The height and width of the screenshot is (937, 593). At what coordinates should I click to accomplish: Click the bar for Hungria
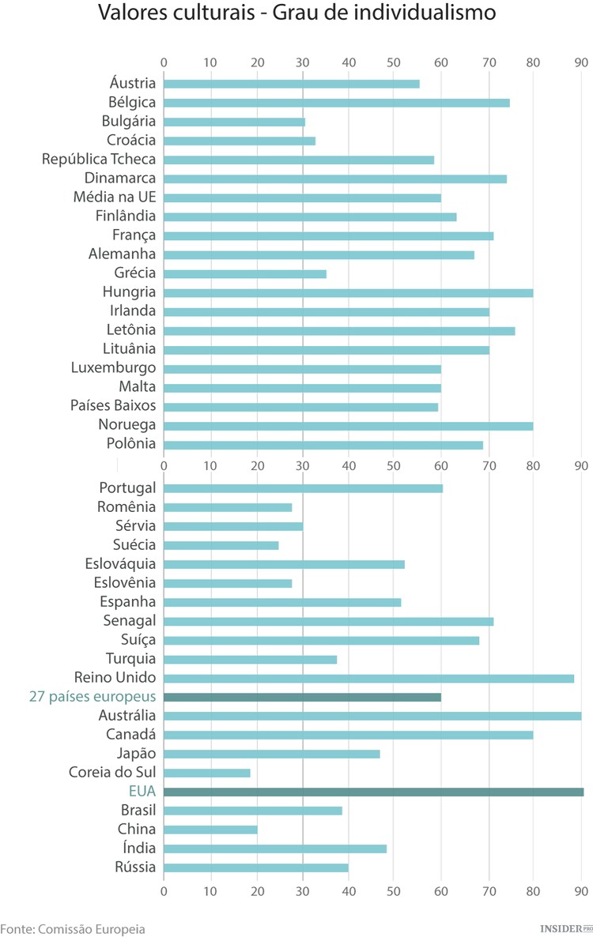point(348,292)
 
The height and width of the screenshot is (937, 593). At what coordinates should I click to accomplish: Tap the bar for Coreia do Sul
point(207,773)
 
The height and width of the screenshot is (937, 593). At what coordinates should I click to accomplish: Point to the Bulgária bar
point(234,122)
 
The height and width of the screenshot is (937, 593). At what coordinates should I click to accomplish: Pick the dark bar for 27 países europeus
point(302,697)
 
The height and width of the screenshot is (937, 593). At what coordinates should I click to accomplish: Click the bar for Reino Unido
point(368,678)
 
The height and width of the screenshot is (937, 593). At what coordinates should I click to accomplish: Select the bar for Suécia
point(221,545)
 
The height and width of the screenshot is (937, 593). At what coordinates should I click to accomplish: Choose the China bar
point(210,830)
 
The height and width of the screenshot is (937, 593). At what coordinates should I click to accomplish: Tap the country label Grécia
point(135,273)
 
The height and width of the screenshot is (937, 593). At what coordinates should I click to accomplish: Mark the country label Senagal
point(130,621)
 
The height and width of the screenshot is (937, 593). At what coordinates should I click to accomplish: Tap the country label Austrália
point(127,716)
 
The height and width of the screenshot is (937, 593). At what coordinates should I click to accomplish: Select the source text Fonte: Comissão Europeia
point(73,928)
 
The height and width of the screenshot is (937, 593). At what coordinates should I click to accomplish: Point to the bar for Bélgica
point(336,103)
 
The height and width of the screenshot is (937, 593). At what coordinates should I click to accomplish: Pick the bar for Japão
point(271,754)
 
